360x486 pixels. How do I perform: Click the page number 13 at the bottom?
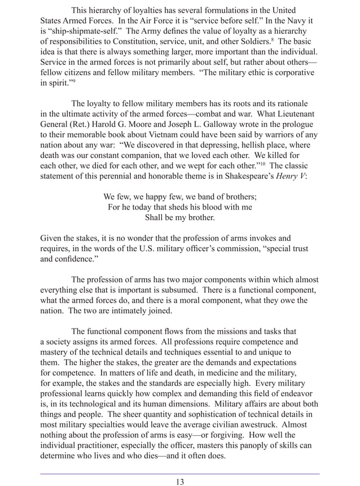(179, 481)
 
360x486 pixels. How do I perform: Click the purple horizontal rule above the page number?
(179, 474)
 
